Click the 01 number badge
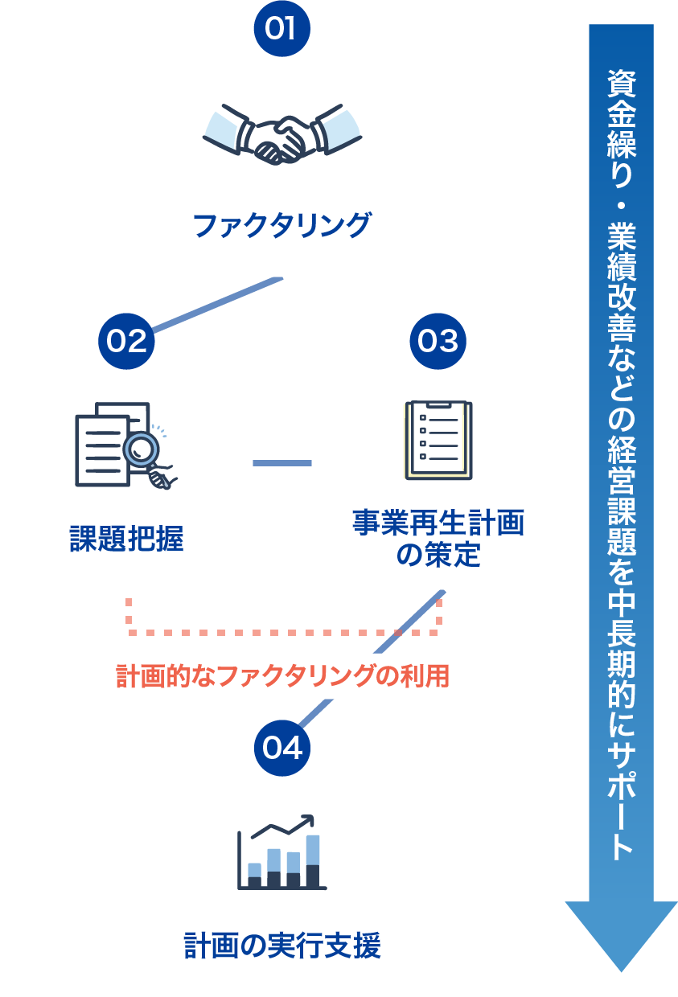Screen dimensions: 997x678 coord(281,28)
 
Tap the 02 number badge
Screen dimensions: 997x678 coord(126,341)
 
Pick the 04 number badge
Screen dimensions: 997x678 coord(281,748)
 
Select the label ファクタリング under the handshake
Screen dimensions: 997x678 coord(281,225)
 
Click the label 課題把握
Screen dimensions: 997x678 coord(126,539)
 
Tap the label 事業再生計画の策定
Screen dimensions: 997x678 coord(438,539)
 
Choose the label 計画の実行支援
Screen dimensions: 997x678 coord(281,946)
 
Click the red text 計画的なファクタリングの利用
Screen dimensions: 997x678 coord(281,676)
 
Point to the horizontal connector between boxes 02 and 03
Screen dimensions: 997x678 coord(281,463)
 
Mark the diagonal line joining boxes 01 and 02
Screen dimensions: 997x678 coord(217,305)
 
